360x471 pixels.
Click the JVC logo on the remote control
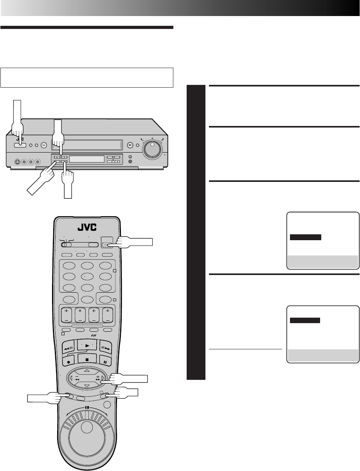(x=87, y=227)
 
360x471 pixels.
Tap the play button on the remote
(x=87, y=345)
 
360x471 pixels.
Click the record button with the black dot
(x=68, y=362)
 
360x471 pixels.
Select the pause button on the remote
(x=105, y=362)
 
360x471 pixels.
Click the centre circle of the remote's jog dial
(x=87, y=428)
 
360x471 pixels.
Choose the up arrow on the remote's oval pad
(x=87, y=370)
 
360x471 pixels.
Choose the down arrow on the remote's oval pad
(x=87, y=386)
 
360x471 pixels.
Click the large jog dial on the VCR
(x=152, y=149)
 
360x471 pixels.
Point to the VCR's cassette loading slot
(x=87, y=145)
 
